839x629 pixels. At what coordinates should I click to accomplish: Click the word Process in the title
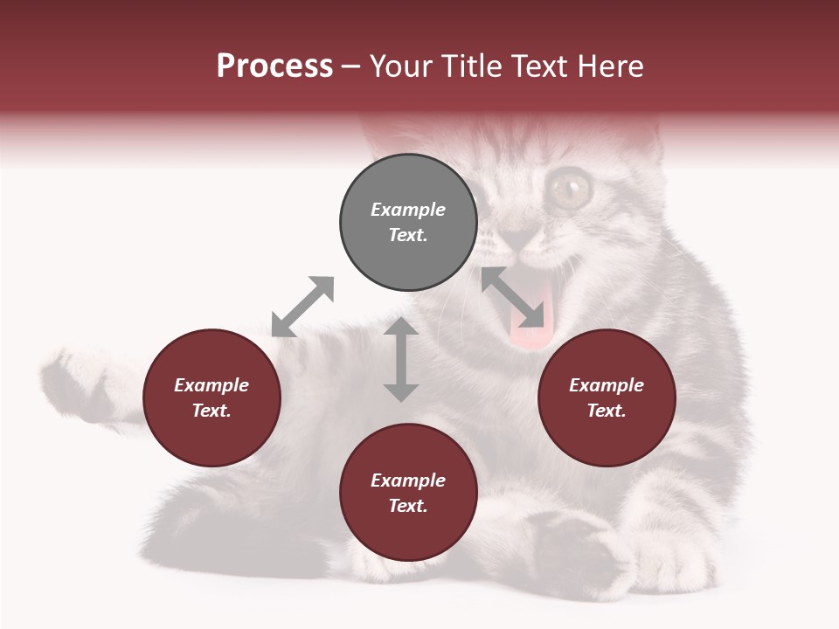tap(274, 66)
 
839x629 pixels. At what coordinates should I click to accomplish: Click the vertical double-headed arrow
tap(401, 359)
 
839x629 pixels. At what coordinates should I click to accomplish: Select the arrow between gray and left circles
tap(302, 307)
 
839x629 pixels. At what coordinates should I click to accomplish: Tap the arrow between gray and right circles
tap(518, 298)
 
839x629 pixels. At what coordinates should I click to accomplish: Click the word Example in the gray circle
tap(408, 210)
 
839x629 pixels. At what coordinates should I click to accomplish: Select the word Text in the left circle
tap(211, 411)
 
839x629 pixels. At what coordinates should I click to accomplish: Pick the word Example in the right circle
tap(607, 385)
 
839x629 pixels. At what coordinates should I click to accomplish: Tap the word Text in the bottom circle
tap(408, 506)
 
